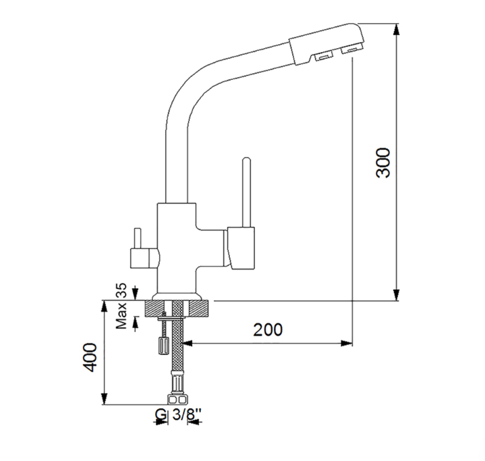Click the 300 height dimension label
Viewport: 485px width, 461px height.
(383, 163)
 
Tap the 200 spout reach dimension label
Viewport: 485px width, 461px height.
(268, 330)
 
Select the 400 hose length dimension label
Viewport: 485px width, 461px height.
(90, 358)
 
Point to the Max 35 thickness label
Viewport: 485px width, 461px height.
(121, 306)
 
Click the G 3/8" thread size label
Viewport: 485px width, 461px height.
(178, 414)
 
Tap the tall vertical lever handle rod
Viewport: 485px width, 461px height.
(246, 192)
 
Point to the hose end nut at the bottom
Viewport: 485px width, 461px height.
(177, 400)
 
